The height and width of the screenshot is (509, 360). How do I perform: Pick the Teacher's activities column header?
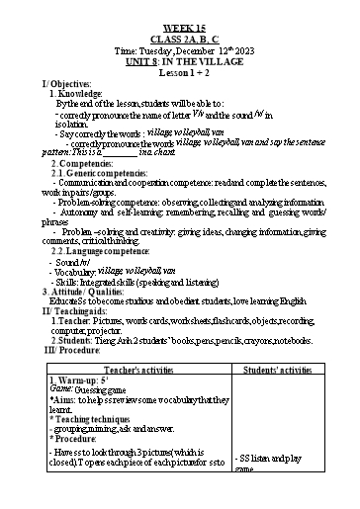(x=137, y=368)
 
